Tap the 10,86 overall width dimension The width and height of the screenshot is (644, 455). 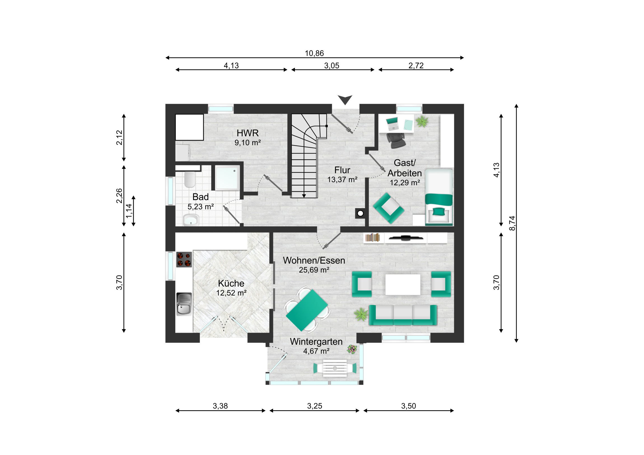tap(314, 53)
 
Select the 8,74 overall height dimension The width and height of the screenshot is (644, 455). tap(512, 223)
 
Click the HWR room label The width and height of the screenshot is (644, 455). tap(248, 133)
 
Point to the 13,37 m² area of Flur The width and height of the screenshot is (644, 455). tap(342, 179)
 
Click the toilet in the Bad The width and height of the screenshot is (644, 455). tap(190, 179)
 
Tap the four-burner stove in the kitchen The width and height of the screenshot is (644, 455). tap(184, 259)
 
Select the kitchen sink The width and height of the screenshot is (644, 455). tap(184, 304)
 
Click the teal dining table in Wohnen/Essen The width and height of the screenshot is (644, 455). tap(307, 310)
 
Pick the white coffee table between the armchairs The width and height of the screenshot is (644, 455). tap(403, 284)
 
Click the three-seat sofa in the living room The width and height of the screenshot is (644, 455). tap(403, 315)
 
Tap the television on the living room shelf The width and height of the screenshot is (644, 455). tap(406, 238)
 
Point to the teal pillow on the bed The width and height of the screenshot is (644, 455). tap(439, 211)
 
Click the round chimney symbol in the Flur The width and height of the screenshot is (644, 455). tap(360, 213)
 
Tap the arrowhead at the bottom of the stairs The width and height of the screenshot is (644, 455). tap(304, 196)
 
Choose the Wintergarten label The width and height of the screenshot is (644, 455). tap(316, 341)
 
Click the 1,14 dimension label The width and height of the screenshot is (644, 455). tap(129, 211)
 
